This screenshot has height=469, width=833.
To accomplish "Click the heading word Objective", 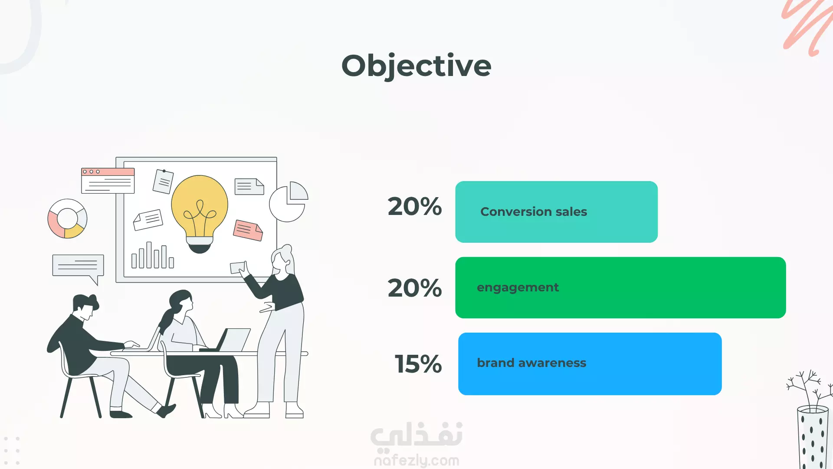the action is (x=416, y=66).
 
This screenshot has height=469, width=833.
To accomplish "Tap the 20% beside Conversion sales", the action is (x=415, y=206).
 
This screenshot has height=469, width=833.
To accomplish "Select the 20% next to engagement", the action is (x=415, y=288).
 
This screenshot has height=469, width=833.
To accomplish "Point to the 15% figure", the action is (x=418, y=364).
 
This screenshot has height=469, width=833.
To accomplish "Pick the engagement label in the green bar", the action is (x=518, y=288).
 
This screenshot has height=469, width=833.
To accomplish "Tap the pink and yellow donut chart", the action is (x=67, y=218).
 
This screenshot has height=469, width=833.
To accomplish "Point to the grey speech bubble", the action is (x=78, y=268).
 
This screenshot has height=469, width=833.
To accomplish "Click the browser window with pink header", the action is (x=108, y=181).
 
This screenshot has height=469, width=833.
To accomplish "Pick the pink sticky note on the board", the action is (x=248, y=230).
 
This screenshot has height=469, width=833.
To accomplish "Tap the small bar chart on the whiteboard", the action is (x=153, y=255).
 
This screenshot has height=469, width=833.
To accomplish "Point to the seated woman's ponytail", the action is (x=166, y=321).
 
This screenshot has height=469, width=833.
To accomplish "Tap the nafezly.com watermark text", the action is (x=416, y=460).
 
